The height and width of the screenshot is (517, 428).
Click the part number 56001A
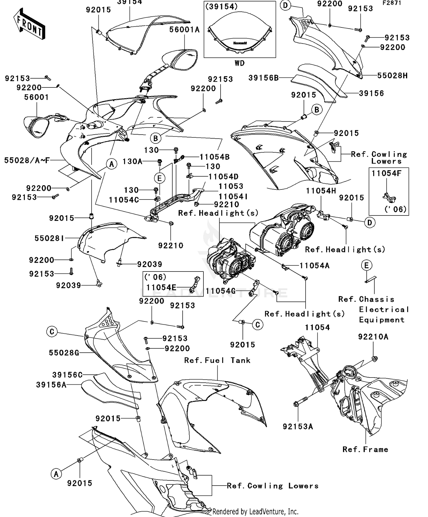tap(184, 30)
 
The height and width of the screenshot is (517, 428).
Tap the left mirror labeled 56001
tap(36, 126)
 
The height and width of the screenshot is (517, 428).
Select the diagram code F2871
tap(392, 3)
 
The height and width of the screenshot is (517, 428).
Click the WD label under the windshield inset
tap(240, 63)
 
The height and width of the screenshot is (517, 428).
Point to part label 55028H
tap(392, 76)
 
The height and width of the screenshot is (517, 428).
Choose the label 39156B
tap(263, 78)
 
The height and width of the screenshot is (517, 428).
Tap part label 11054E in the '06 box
tap(161, 288)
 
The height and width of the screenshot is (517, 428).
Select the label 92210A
tap(373, 337)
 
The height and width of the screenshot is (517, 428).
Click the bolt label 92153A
tap(298, 427)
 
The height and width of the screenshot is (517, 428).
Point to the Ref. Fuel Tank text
tap(217, 360)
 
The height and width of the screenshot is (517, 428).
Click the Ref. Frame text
tap(365, 450)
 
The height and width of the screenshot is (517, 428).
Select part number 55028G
tap(64, 353)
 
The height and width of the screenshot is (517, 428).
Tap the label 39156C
tap(67, 375)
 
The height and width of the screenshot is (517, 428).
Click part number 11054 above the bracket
tap(317, 328)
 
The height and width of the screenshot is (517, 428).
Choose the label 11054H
tap(321, 191)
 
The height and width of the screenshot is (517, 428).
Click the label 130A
tap(132, 162)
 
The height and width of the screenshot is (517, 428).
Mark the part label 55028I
tap(49, 238)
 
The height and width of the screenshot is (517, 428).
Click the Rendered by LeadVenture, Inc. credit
tap(255, 512)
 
